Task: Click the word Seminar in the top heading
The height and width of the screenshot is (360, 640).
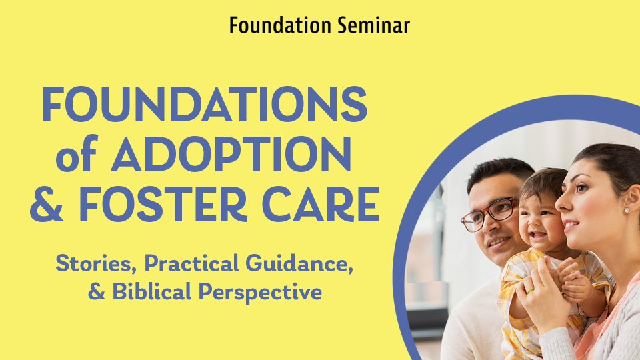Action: [x=373, y=25]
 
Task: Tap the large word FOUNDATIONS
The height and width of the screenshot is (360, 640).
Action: [x=205, y=104]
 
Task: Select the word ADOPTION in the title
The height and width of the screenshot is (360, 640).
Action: [x=231, y=154]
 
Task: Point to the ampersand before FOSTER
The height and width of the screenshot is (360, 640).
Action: [x=47, y=203]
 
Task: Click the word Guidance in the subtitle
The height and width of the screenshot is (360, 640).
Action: [x=300, y=264]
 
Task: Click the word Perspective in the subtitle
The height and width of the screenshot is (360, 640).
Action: [x=261, y=293]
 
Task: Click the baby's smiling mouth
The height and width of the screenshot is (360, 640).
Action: [x=538, y=235]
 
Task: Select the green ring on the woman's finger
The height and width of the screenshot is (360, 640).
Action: [x=530, y=291]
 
